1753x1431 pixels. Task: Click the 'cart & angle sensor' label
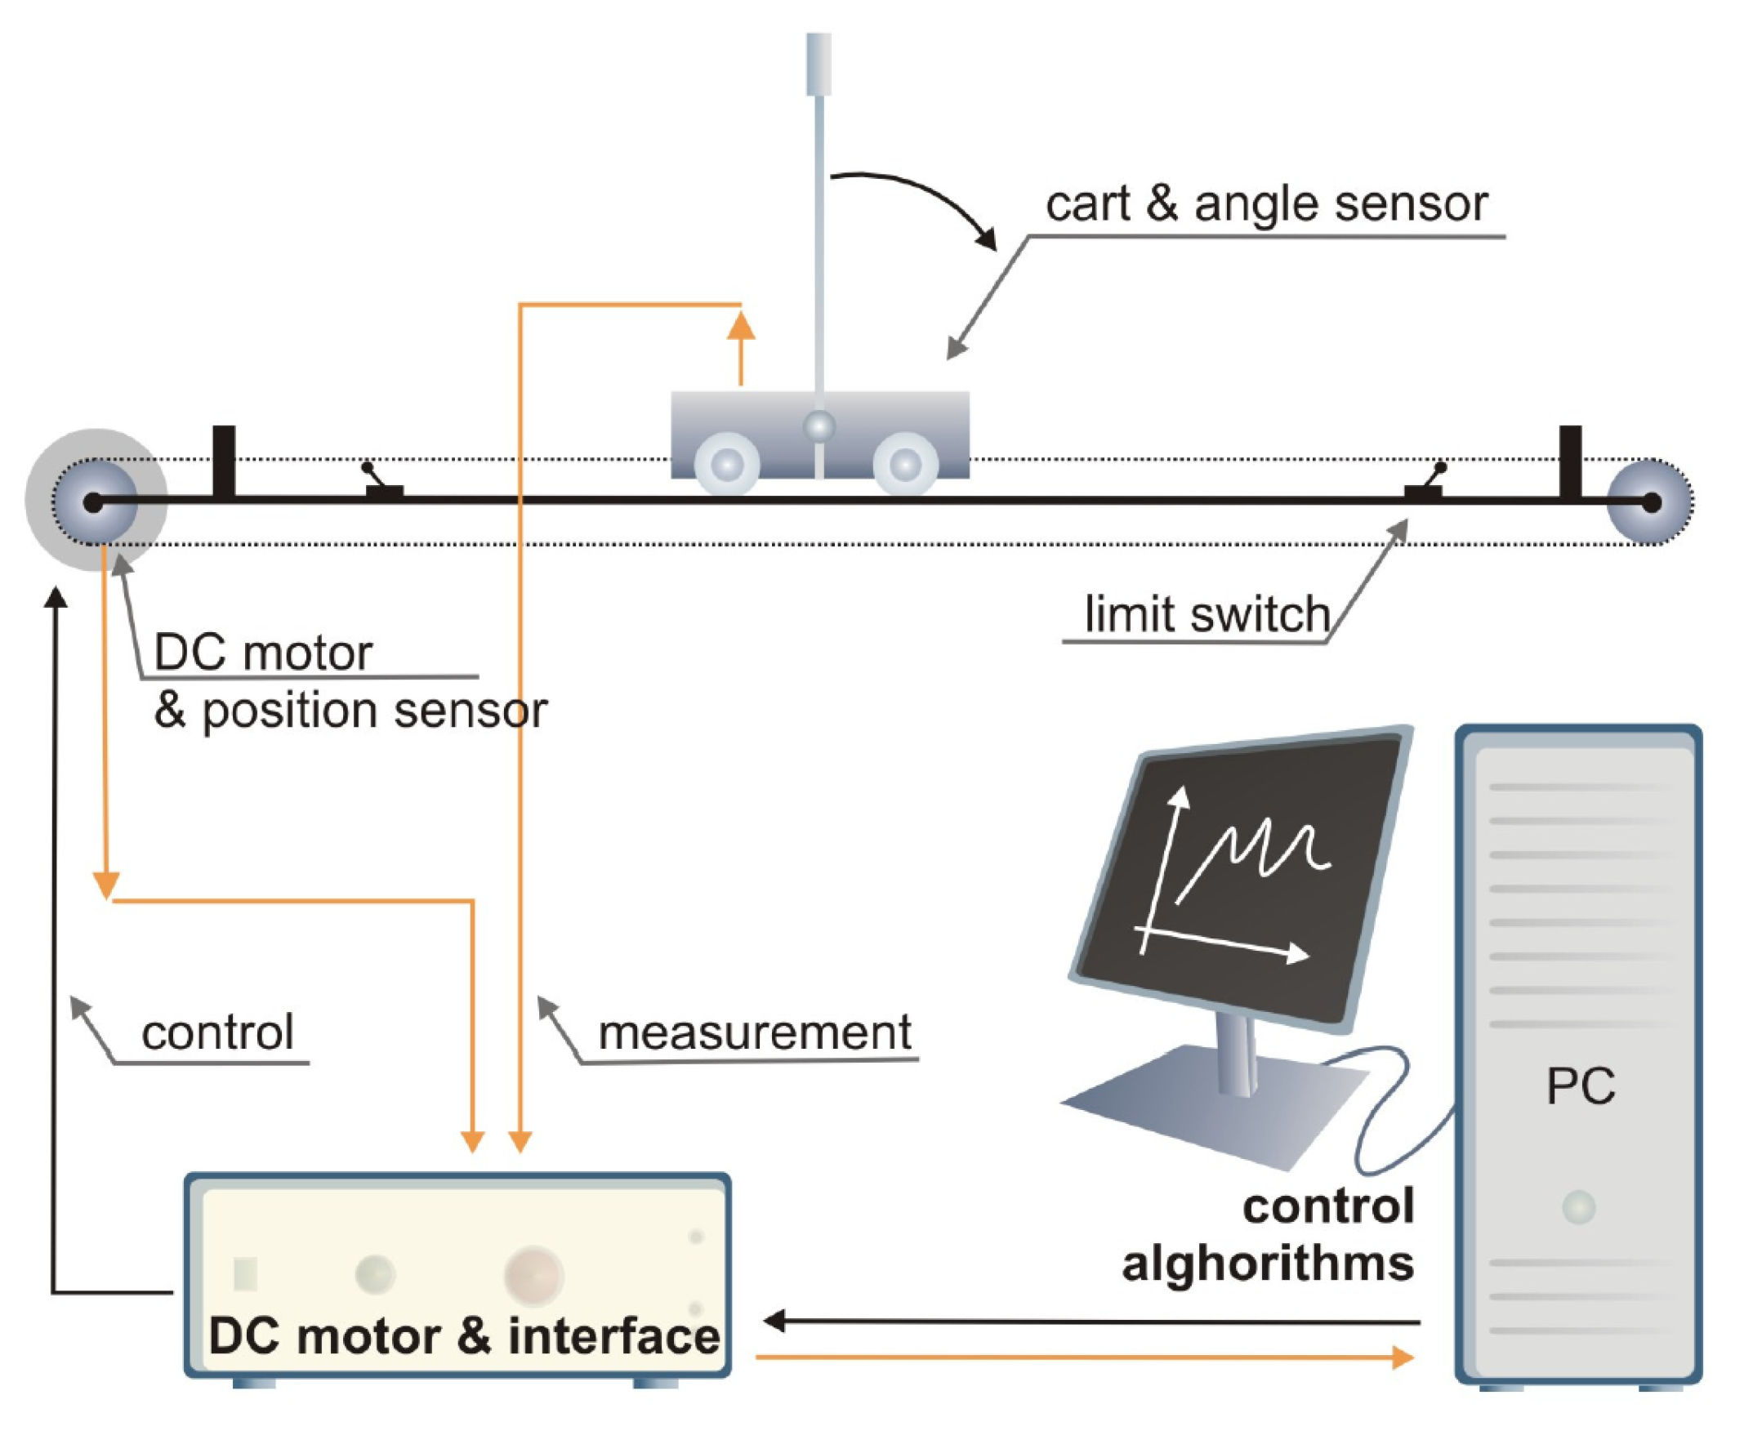pos(1266,203)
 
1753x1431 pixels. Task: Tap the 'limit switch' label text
pos(1207,614)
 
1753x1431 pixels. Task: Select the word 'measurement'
pos(754,1033)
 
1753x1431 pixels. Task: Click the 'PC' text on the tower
pos(1580,1086)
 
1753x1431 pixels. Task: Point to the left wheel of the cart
pos(727,465)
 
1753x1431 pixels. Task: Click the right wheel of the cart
pos(905,465)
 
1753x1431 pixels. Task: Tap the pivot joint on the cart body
pos(819,427)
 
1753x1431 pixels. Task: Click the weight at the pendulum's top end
pos(819,65)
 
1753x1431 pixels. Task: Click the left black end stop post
pos(224,461)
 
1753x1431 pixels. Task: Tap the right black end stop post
pos(1570,461)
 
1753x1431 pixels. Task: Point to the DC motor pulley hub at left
pos(95,502)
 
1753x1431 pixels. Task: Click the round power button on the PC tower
pos(1578,1208)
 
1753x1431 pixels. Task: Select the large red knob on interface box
pos(534,1273)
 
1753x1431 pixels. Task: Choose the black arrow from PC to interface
pos(1088,1322)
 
